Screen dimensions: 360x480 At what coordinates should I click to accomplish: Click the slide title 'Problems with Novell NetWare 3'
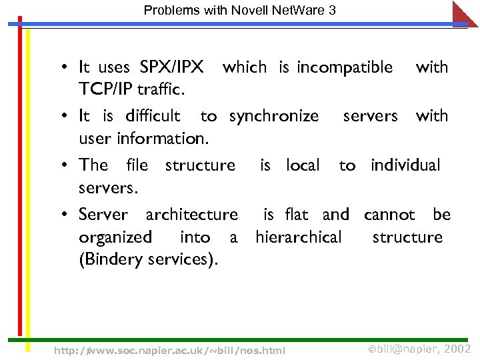click(239, 10)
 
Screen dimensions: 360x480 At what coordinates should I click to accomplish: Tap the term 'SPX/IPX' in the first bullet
click(171, 67)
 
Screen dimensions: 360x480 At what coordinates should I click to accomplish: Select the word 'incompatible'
click(345, 67)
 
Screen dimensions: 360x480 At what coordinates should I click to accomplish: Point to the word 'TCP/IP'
click(105, 89)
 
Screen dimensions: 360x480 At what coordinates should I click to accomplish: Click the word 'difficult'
click(152, 116)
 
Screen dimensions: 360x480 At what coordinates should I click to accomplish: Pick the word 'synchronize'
click(274, 117)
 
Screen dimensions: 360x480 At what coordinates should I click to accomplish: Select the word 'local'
click(303, 165)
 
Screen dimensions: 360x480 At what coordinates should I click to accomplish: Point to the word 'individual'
click(405, 165)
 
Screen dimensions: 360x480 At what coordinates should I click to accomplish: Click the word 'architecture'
click(191, 215)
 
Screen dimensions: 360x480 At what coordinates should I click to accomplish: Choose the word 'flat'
click(296, 215)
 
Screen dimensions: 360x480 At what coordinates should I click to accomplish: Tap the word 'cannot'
click(389, 215)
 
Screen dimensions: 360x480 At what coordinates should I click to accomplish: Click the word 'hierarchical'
click(298, 237)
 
